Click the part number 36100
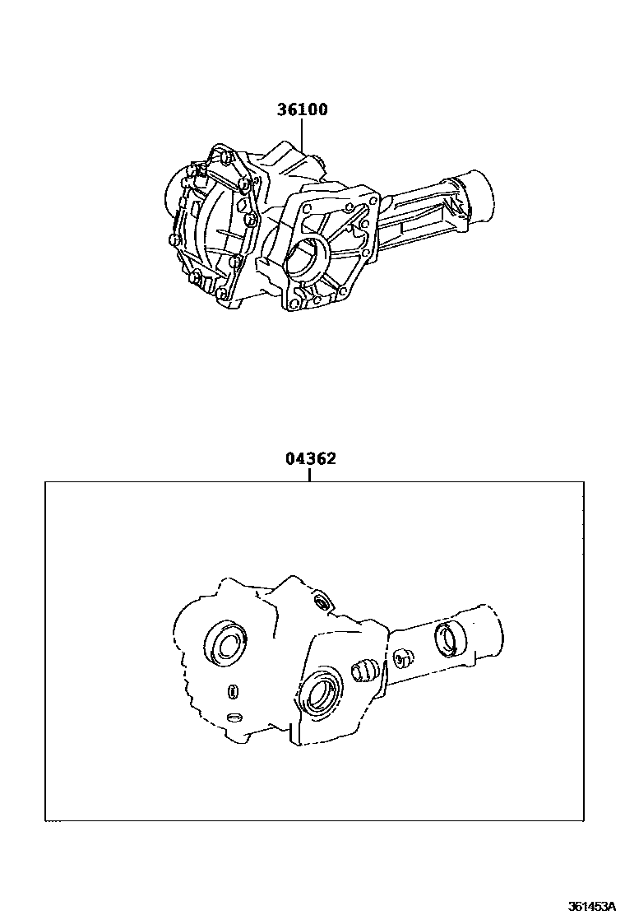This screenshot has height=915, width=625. (x=302, y=109)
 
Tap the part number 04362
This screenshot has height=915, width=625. (x=311, y=458)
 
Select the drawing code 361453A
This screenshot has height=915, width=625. (x=592, y=906)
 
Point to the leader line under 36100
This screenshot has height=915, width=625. (x=302, y=135)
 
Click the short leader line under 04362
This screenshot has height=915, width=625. (x=309, y=475)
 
